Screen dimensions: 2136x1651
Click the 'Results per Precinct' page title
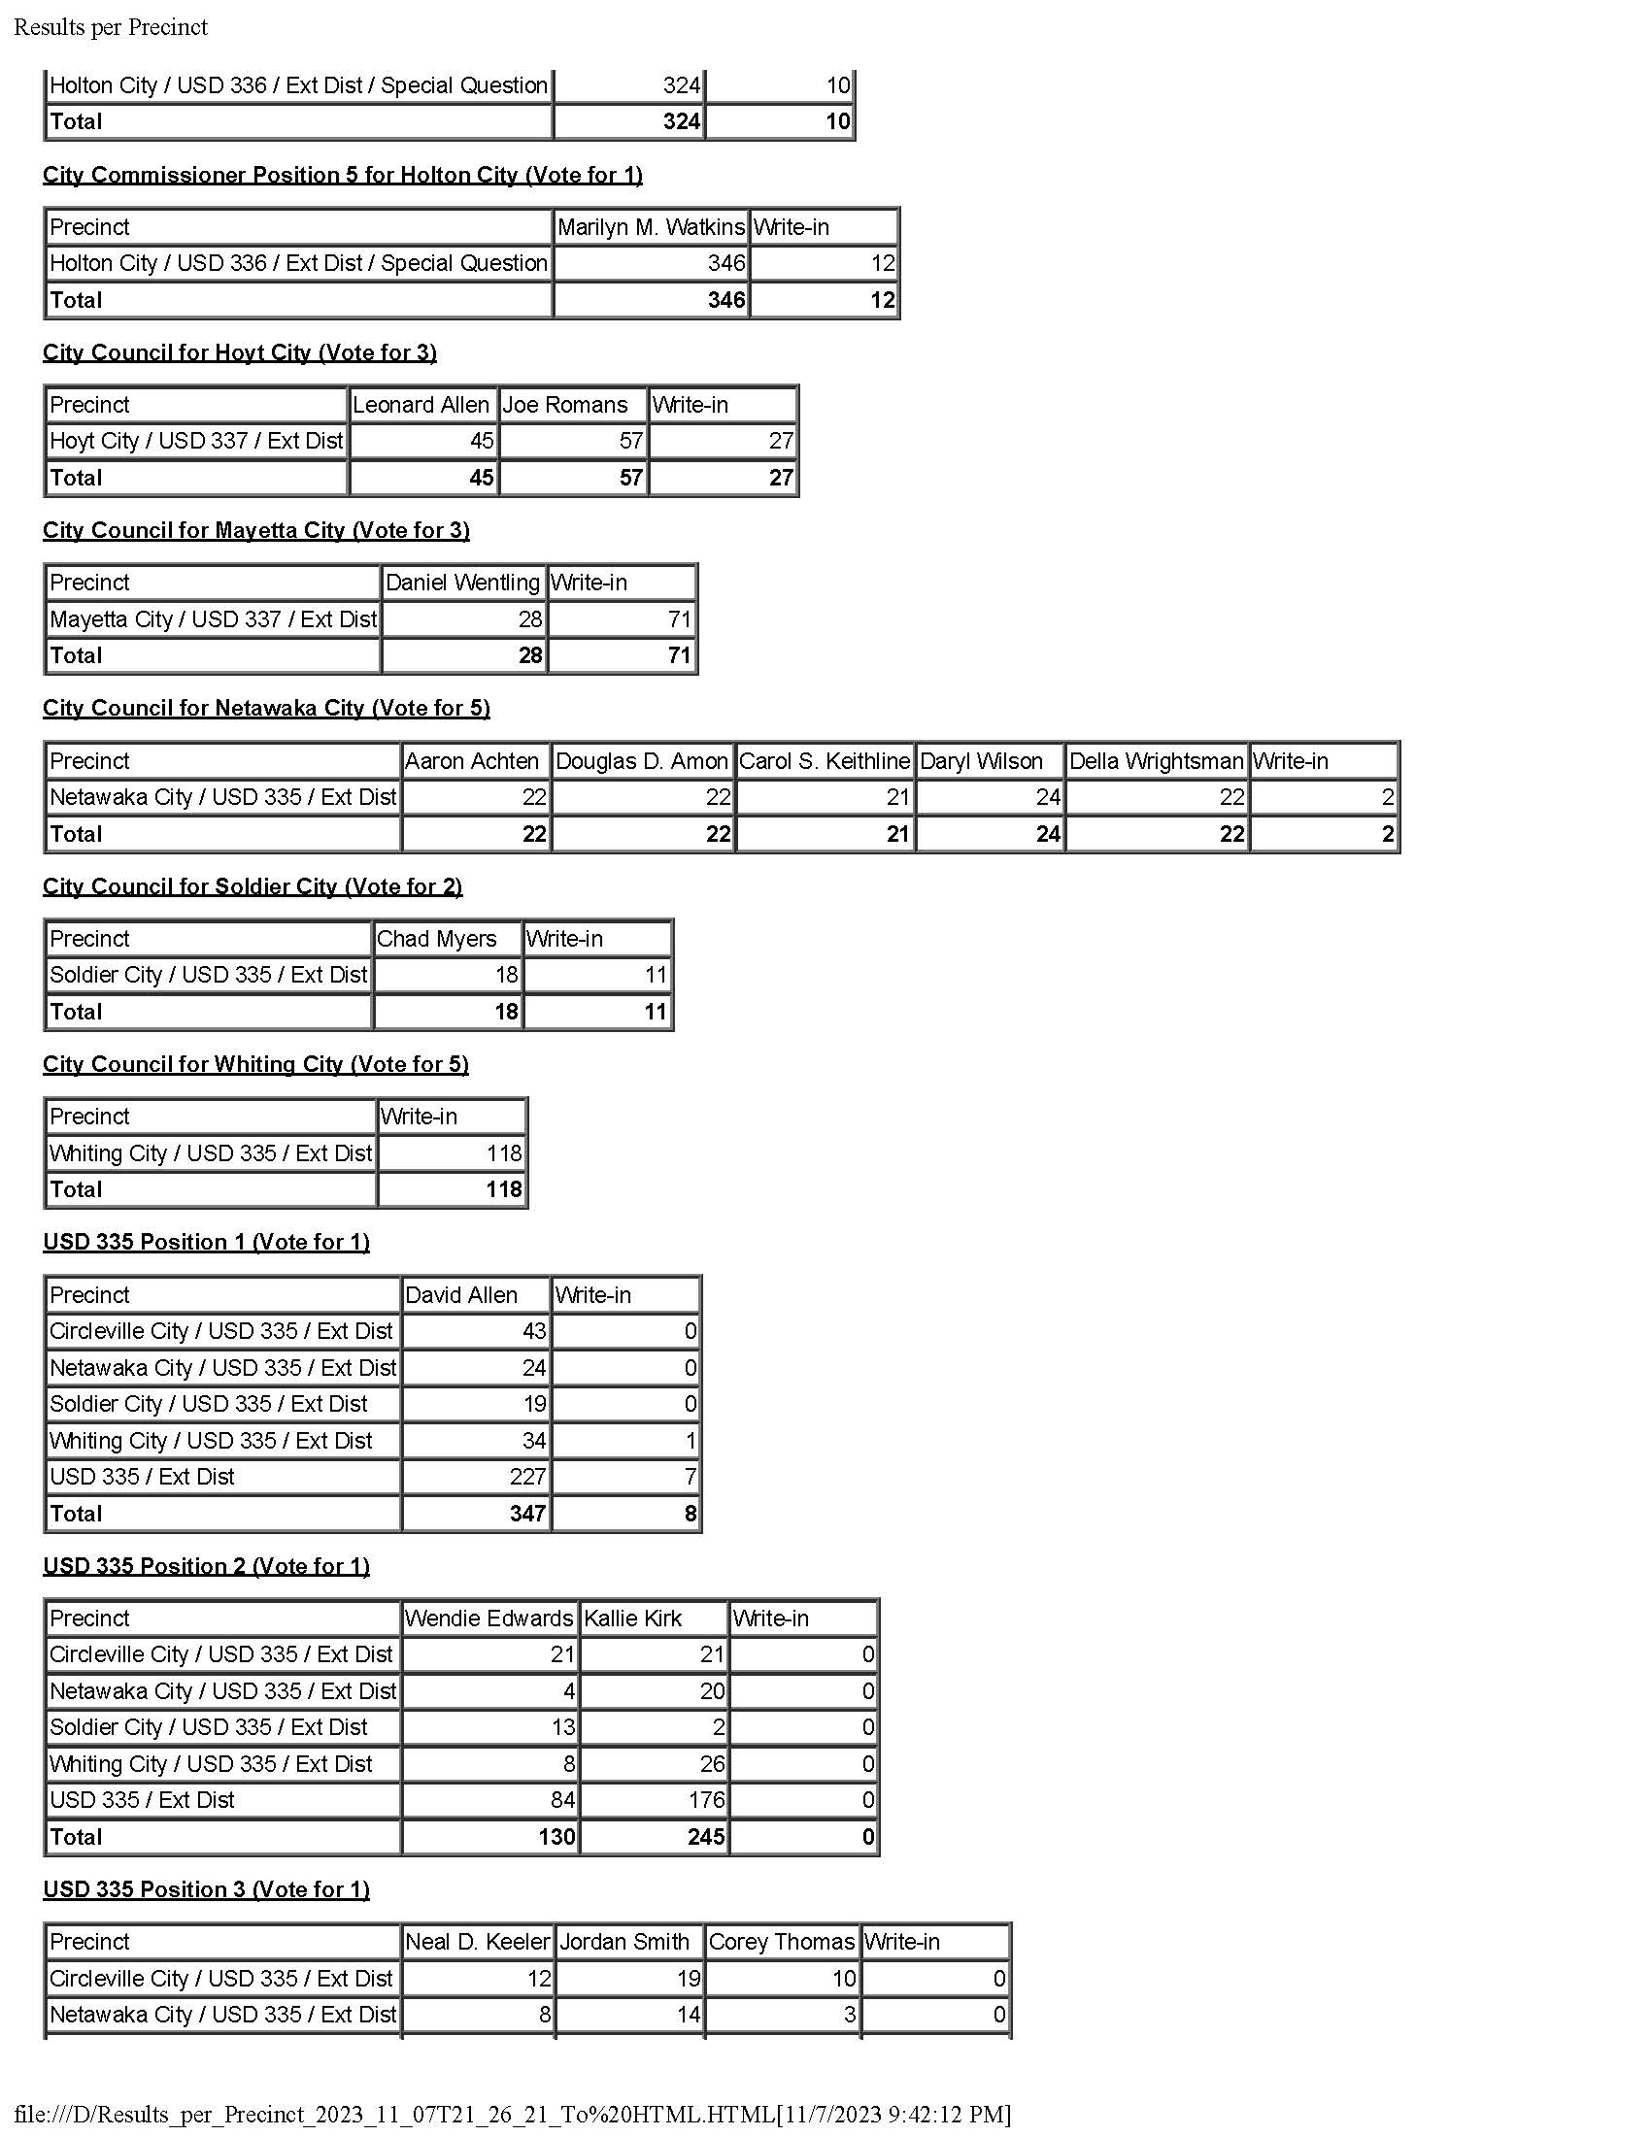pos(111,27)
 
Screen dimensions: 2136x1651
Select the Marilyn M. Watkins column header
pos(651,227)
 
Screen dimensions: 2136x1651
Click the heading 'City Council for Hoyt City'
pos(240,352)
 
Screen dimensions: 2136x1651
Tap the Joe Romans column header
pos(564,405)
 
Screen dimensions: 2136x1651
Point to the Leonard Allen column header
pos(421,405)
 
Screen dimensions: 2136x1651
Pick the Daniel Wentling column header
pos(461,583)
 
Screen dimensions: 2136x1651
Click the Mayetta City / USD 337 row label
pos(213,619)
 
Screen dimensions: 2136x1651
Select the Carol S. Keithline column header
pos(824,761)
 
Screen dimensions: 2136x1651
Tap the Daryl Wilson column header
pos(981,761)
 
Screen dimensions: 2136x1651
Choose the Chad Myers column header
pos(436,939)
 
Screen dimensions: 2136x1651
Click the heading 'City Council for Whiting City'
pos(255,1064)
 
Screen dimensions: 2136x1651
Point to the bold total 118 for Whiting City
pos(505,1189)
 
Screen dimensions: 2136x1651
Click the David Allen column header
pos(460,1295)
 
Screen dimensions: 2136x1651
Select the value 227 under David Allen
pos(528,1477)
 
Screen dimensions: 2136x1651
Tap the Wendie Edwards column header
pos(489,1619)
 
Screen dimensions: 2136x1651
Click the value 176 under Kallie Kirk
pos(706,1800)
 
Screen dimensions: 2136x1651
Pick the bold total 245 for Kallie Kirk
pos(706,1837)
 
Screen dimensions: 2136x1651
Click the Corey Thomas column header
pos(781,1943)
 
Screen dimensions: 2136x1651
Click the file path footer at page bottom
pos(513,2114)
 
